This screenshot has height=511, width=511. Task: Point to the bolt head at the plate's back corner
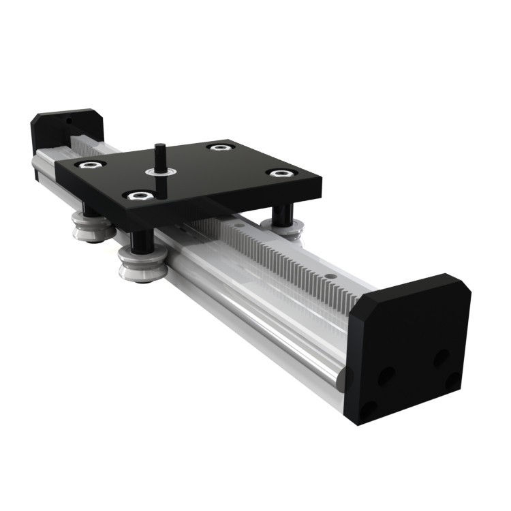pyautogui.click(x=218, y=147)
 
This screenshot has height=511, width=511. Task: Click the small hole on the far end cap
pyautogui.click(x=68, y=123)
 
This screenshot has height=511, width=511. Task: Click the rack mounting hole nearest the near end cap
pyautogui.click(x=330, y=275)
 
